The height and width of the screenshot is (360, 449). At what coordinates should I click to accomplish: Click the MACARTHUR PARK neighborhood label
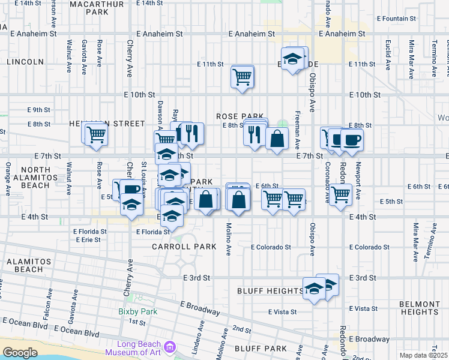click(89, 7)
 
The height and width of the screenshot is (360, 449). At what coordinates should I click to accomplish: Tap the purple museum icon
click(170, 347)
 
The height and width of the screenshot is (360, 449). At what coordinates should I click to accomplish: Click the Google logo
click(20, 353)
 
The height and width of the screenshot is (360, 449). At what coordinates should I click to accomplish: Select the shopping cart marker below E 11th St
click(242, 76)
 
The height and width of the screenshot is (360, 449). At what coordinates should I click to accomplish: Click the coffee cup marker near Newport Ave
click(352, 140)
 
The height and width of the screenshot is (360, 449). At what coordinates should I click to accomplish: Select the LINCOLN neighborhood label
click(25, 61)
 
